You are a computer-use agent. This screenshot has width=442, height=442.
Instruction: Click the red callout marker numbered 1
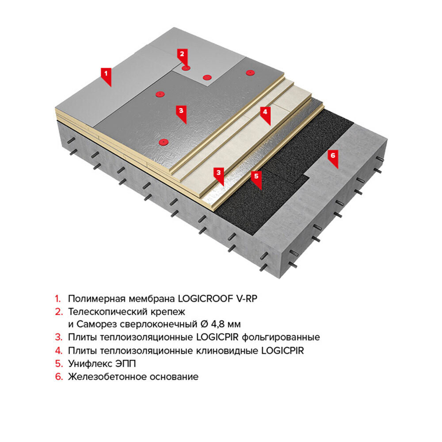click(x=106, y=76)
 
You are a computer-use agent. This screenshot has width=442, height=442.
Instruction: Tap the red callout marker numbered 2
click(x=182, y=56)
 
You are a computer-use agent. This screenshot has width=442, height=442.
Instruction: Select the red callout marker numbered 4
click(x=265, y=114)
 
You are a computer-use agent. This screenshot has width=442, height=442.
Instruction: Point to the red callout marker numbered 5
click(x=256, y=179)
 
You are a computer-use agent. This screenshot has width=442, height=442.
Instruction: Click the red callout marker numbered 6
click(x=333, y=158)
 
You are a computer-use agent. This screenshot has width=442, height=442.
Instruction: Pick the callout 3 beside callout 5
click(x=219, y=175)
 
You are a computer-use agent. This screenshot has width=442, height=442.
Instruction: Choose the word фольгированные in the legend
click(x=281, y=337)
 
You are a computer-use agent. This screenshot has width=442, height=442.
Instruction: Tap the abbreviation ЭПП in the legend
click(x=126, y=364)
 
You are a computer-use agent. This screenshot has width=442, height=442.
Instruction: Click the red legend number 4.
click(x=59, y=351)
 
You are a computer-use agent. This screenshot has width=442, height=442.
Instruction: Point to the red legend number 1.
click(x=58, y=298)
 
